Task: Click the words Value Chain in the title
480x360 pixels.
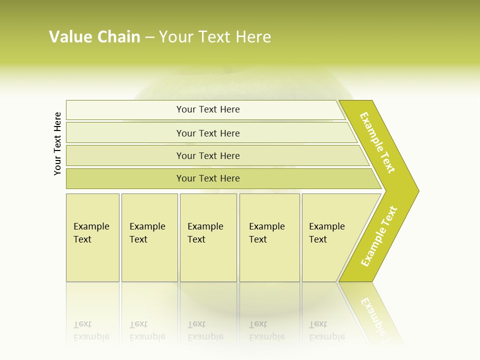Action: click(94, 37)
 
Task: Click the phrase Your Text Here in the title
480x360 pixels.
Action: click(215, 37)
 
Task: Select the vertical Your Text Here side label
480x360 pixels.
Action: click(57, 143)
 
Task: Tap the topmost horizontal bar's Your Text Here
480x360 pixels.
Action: click(208, 109)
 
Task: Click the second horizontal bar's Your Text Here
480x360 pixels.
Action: click(208, 133)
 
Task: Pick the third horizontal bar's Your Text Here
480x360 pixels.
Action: click(208, 156)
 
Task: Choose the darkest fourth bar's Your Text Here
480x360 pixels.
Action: click(208, 178)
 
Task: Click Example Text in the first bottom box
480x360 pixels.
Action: click(91, 233)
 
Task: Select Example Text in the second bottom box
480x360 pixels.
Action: click(147, 233)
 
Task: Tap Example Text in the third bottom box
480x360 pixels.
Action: click(205, 233)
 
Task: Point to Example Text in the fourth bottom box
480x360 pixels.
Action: click(266, 233)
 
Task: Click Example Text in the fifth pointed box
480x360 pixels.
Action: click(326, 233)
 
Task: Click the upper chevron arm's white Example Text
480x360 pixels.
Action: click(377, 142)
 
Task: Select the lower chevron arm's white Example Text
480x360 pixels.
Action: click(378, 236)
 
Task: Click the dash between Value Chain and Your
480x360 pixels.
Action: click(149, 37)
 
